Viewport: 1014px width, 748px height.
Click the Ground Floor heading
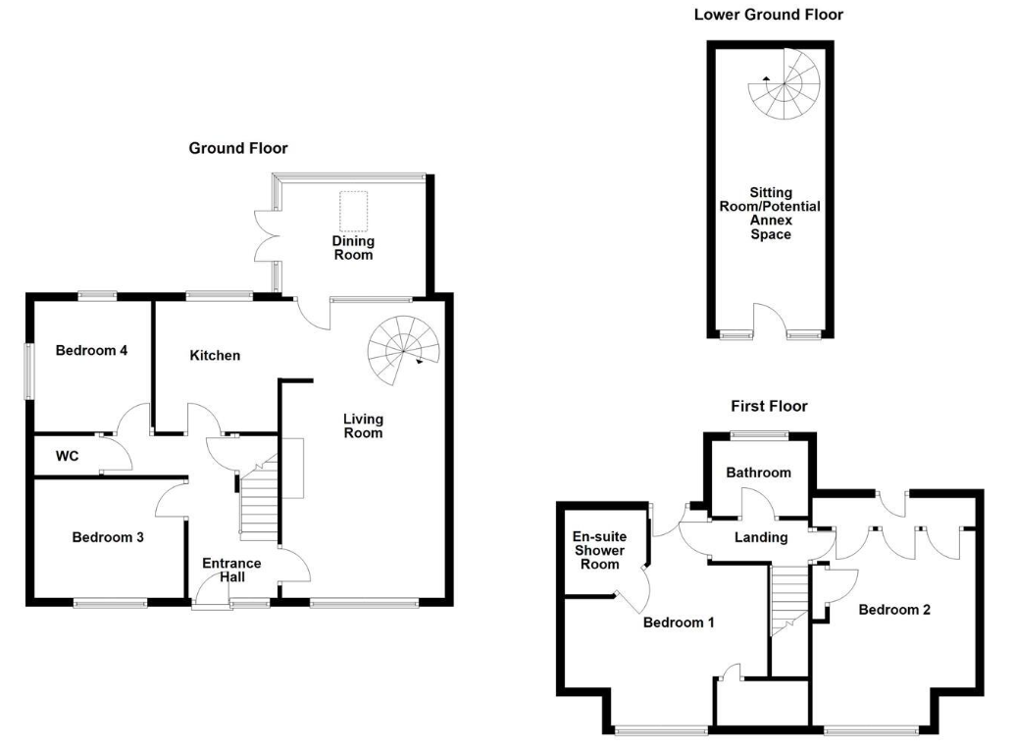tap(238, 148)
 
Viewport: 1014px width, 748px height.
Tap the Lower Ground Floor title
tap(768, 14)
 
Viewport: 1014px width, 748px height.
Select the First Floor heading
tap(769, 406)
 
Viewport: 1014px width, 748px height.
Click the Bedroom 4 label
tap(91, 351)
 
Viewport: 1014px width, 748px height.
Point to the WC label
tap(68, 457)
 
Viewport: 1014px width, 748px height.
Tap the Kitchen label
tap(215, 355)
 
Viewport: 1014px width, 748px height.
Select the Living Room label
tap(363, 426)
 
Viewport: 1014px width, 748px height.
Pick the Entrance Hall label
tap(231, 571)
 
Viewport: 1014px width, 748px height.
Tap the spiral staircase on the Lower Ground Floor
tap(785, 83)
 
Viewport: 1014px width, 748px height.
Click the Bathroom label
tap(758, 473)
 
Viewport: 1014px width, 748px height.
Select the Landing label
tap(761, 537)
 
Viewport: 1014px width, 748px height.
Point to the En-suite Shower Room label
tap(600, 550)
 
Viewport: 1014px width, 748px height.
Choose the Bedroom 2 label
tap(894, 610)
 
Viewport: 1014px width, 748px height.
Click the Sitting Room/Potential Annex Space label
tap(771, 214)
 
